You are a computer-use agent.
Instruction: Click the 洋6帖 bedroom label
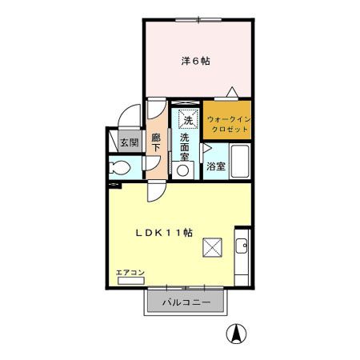[x=195, y=60]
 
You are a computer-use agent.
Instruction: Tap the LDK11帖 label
[x=162, y=233]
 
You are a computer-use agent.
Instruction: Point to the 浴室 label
[x=215, y=166]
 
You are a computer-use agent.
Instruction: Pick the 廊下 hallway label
[x=157, y=143]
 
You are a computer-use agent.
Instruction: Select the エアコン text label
[x=130, y=273]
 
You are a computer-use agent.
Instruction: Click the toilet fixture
[x=120, y=168]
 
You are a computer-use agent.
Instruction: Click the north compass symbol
[x=238, y=334]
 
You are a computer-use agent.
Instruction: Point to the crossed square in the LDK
[x=214, y=248]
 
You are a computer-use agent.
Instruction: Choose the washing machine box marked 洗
[x=188, y=119]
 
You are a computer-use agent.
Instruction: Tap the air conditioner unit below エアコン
[x=130, y=282]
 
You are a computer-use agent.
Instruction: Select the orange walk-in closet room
[x=227, y=120]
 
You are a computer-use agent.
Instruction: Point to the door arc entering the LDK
[x=158, y=192]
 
